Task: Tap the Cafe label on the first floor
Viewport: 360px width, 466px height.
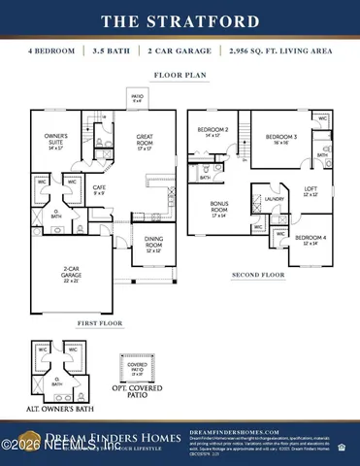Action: (99, 188)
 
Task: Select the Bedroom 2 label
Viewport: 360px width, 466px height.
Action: (213, 132)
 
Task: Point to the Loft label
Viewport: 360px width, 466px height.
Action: (310, 192)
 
